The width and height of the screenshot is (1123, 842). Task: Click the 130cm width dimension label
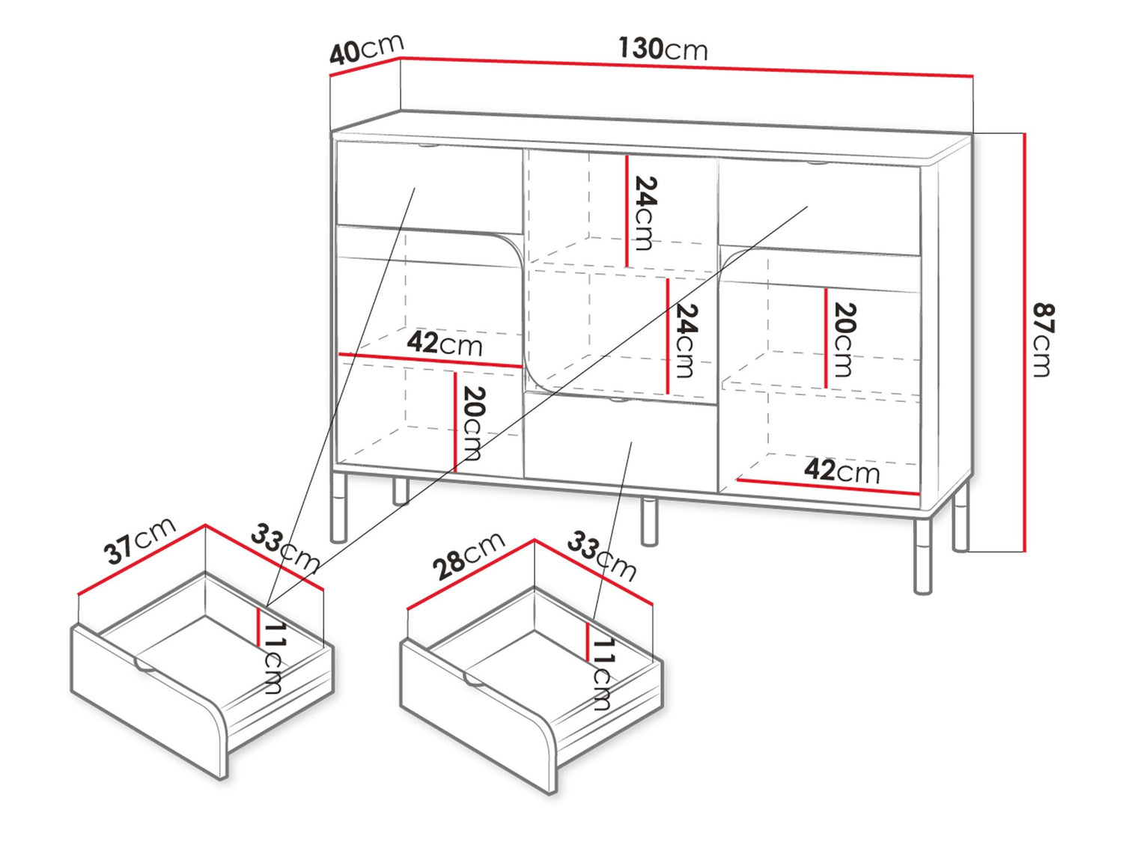coord(663,49)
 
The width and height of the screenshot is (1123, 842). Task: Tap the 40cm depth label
coord(366,49)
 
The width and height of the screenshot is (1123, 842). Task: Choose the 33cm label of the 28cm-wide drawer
coord(602,556)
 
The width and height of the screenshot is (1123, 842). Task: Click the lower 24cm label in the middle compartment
coord(687,341)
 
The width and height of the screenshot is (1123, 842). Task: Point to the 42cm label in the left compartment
coord(444,344)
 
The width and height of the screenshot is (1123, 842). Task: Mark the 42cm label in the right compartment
coord(842,470)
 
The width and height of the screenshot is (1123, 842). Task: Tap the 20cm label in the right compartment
coord(844,340)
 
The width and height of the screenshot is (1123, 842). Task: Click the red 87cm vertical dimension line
coord(1025,343)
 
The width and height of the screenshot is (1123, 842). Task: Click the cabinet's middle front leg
coord(649,522)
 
